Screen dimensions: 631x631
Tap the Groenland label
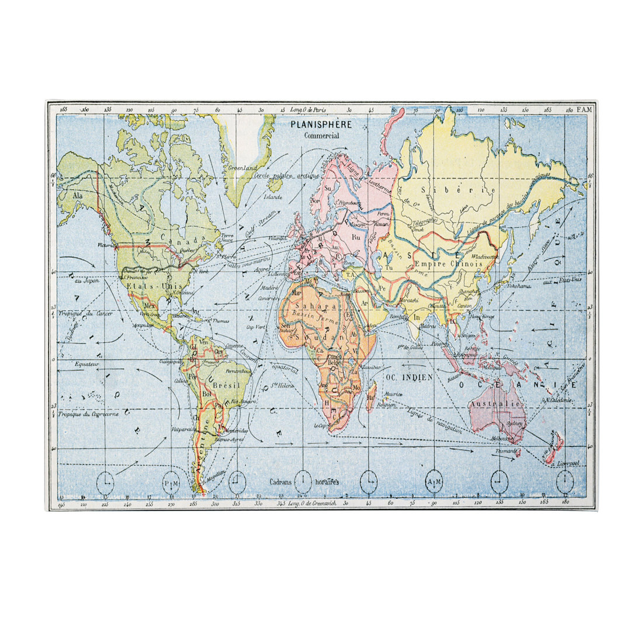point(243,168)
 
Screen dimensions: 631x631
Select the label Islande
point(273,197)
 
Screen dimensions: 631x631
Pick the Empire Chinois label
point(448,264)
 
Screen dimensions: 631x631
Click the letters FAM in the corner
point(583,109)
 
